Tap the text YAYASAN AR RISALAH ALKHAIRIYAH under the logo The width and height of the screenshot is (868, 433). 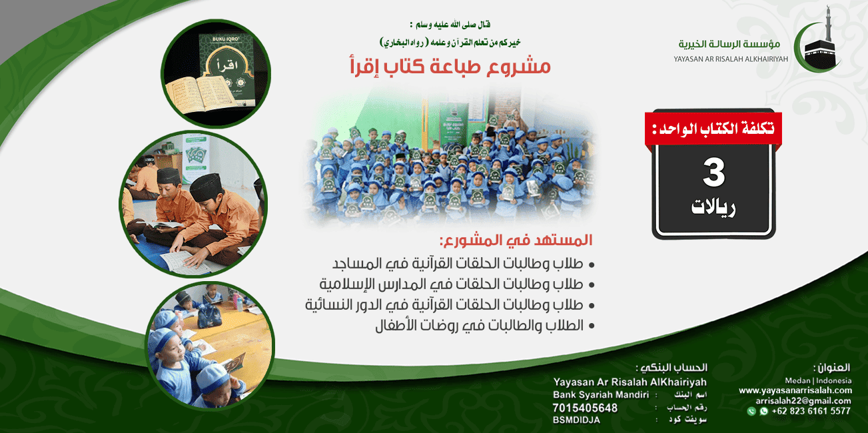(730, 59)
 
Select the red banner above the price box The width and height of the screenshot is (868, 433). (713, 129)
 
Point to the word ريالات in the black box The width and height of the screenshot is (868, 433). (713, 208)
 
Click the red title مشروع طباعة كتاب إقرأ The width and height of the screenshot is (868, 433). (450, 67)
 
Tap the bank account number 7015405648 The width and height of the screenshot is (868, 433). (585, 408)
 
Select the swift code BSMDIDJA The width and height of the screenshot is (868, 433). (576, 420)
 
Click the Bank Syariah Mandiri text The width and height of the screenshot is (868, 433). (601, 395)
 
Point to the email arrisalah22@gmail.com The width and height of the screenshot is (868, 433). (803, 401)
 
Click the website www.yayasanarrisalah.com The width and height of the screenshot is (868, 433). (795, 390)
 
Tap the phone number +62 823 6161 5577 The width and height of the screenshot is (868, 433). (811, 411)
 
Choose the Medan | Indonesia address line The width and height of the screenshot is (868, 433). (818, 380)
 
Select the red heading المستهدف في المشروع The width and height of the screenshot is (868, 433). (516, 240)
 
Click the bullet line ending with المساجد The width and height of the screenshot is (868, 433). (464, 264)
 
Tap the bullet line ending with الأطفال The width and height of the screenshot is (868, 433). (485, 326)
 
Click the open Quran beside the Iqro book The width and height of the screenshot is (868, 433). (201, 94)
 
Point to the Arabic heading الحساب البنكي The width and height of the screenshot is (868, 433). (671, 368)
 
